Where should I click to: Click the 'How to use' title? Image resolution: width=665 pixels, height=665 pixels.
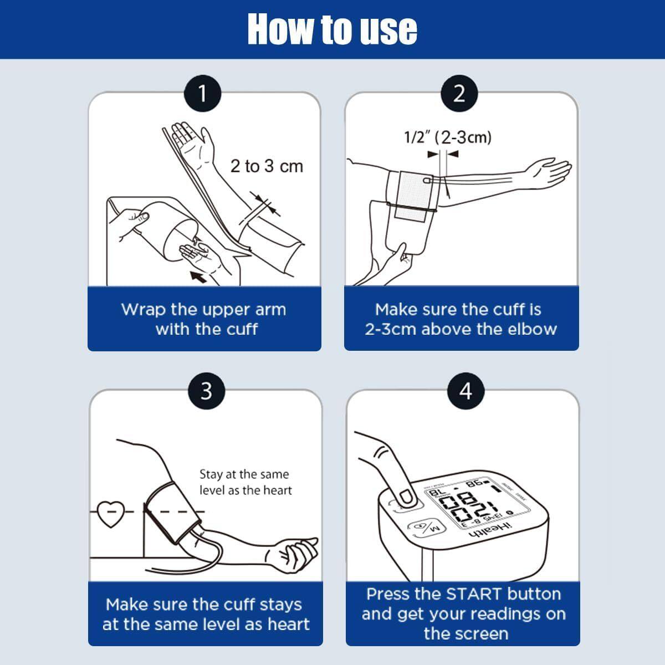[332, 29]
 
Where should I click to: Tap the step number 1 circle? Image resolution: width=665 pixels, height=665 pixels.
[202, 94]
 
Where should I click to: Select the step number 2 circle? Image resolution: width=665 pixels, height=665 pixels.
[459, 94]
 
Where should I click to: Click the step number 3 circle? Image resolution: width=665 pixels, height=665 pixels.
[206, 391]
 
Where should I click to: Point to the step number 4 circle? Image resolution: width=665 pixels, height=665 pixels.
[465, 391]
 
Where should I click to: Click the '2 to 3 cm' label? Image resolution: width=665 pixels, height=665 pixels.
[267, 166]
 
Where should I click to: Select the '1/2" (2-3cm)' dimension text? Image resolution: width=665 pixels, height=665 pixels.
[448, 137]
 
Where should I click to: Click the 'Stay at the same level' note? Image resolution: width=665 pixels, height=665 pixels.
[245, 482]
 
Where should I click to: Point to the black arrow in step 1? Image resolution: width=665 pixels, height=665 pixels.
[198, 275]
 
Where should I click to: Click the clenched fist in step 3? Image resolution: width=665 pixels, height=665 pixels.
[299, 551]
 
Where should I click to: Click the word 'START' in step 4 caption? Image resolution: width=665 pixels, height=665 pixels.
[474, 594]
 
